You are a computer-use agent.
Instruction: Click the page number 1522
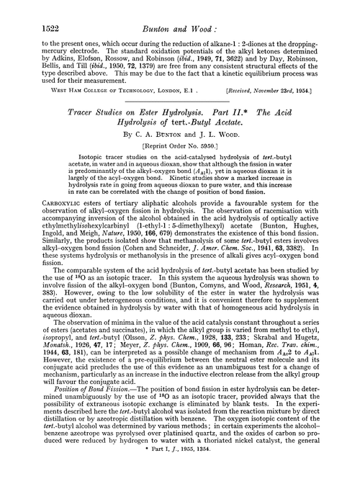27,9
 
